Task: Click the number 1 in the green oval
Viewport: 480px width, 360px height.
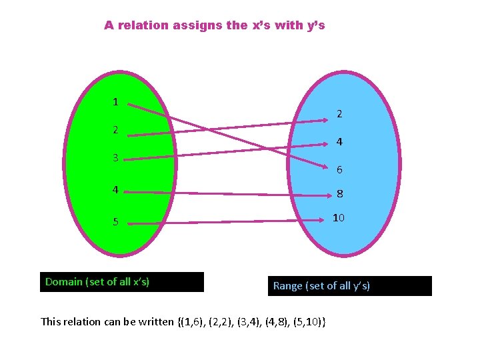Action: (115, 102)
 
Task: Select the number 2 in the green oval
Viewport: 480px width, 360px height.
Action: (115, 130)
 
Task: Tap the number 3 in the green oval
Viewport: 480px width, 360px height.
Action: (115, 159)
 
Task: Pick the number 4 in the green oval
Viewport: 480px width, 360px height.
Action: (115, 189)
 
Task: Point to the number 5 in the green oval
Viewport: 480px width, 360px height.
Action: (115, 222)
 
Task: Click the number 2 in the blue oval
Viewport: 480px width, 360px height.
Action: (339, 114)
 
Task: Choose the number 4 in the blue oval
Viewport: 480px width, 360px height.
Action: (339, 142)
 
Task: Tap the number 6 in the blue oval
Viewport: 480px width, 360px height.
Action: (339, 170)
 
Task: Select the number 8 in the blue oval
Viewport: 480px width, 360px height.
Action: (339, 195)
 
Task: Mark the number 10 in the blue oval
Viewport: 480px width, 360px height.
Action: (339, 218)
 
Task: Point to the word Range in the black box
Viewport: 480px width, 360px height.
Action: (287, 286)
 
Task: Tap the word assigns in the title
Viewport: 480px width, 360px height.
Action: (197, 26)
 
